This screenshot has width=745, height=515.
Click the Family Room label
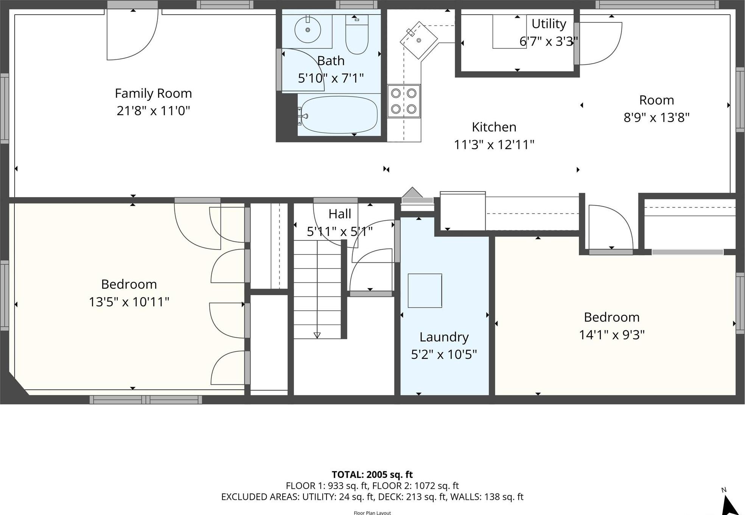153,93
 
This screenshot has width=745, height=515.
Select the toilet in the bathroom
357,35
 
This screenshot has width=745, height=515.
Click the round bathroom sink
308,30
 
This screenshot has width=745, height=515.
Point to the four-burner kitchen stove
404,101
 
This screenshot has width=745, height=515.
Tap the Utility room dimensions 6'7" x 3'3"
548,41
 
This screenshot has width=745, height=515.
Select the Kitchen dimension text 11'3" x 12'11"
494,145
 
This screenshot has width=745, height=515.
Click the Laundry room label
444,337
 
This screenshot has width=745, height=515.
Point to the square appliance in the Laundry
425,290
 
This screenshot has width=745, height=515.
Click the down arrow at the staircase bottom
317,335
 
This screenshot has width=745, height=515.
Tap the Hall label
340,214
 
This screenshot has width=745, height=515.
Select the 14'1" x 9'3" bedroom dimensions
611,335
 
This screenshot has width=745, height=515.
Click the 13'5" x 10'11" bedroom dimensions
129,302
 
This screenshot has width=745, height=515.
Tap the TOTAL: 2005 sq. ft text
372,474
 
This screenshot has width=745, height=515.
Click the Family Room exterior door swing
132,38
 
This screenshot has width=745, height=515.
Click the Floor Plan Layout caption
372,513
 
